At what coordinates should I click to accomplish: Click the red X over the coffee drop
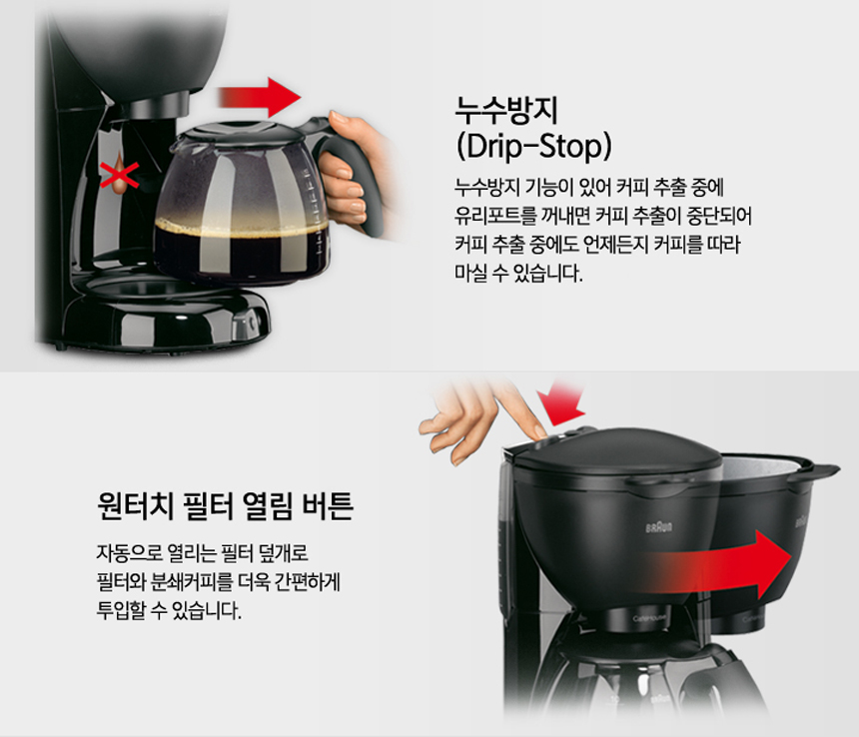(119, 175)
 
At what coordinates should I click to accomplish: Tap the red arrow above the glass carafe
(260, 98)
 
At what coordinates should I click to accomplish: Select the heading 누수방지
(505, 111)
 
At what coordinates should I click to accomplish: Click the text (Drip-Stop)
(533, 146)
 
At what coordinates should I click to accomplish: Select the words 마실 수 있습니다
(518, 273)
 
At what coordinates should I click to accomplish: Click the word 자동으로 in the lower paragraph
(129, 552)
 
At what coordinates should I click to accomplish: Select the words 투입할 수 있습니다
(169, 610)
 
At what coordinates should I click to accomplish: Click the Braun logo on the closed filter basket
(658, 528)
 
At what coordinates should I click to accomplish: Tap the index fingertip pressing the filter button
(538, 431)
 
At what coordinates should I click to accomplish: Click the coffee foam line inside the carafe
(241, 226)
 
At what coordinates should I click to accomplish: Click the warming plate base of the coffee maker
(167, 314)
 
